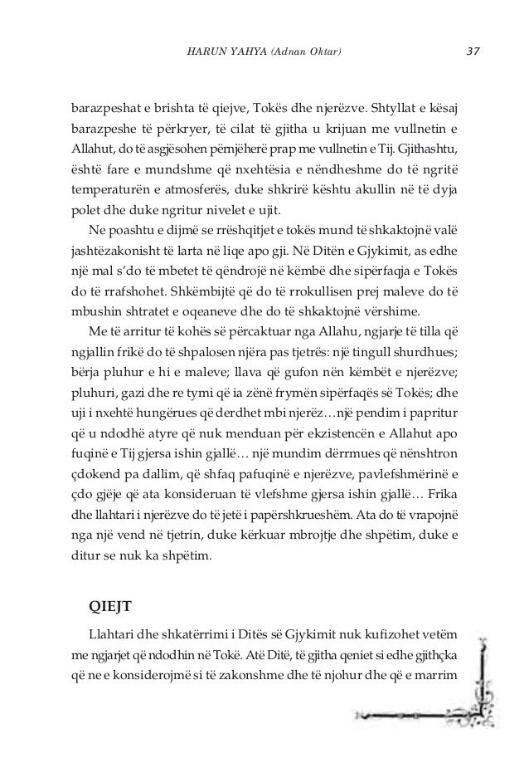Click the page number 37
point(474,53)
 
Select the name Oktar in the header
point(323,54)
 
